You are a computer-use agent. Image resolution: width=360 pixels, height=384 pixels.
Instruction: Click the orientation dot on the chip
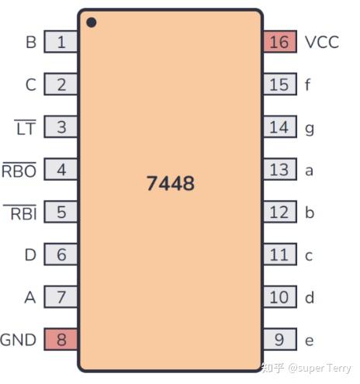coord(92,22)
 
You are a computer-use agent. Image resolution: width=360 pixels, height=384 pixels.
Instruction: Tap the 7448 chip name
coord(171,183)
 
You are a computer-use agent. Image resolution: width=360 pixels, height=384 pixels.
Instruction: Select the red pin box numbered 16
coord(280,42)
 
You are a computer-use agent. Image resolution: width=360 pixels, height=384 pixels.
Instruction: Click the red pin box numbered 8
coord(61,339)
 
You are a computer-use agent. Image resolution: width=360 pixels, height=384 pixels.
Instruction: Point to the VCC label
coord(322,42)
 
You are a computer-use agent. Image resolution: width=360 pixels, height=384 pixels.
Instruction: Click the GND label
coord(18,340)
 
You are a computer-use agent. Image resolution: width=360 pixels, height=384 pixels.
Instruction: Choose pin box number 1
coord(61,42)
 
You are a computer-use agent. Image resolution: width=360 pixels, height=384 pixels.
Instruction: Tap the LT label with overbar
coord(26,127)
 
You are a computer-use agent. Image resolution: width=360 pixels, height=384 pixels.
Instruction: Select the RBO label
coord(19,170)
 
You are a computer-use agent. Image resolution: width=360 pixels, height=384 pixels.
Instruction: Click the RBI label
coord(20,213)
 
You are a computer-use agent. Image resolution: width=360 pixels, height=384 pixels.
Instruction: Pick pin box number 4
coord(61,169)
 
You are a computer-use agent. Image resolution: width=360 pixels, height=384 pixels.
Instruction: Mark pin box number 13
coord(280,169)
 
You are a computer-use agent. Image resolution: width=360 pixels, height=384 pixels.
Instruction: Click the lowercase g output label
coord(310,130)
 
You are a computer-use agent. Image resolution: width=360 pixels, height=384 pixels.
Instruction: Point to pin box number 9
coord(280,339)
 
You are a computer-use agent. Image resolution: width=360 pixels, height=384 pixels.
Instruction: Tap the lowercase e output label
coord(310,341)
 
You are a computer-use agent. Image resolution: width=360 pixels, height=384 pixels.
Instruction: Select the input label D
coord(30,254)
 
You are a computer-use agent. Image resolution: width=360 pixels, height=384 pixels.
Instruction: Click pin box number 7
coord(61,297)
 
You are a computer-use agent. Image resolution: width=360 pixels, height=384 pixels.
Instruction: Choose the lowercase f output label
coord(307,85)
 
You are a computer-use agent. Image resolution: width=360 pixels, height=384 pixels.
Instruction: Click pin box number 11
coord(280,254)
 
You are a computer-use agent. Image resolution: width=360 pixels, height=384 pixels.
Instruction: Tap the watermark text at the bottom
coord(306,368)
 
